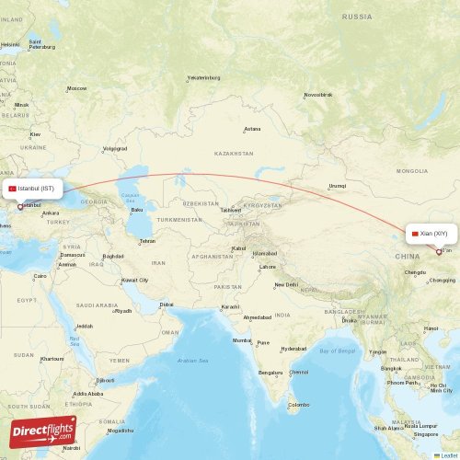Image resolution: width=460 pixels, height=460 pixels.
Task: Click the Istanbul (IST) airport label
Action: coord(37,189)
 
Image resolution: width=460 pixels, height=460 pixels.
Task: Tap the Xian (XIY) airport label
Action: coord(434,234)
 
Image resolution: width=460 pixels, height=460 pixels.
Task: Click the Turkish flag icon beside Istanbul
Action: coord(12,189)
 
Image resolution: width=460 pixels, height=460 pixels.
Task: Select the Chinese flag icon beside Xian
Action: coord(416,234)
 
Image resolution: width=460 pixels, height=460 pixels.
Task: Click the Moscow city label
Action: coord(76,88)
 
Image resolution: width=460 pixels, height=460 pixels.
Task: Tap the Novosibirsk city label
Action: coord(318,95)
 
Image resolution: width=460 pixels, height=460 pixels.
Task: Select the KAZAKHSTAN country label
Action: coord(234,154)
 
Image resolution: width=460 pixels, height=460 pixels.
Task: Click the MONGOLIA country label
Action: coord(412,171)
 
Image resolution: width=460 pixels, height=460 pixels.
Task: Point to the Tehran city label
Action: coord(147,241)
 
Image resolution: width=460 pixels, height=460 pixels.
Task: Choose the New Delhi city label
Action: coord(285,284)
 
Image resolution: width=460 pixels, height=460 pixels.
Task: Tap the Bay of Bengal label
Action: coord(338,351)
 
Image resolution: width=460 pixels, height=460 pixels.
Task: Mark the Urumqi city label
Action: coord(338,186)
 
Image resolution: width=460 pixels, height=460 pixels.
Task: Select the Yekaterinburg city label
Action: coord(203,78)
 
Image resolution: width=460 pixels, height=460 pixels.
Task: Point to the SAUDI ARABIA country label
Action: coord(98,305)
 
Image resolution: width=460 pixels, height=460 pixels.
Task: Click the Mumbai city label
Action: coord(242,340)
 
